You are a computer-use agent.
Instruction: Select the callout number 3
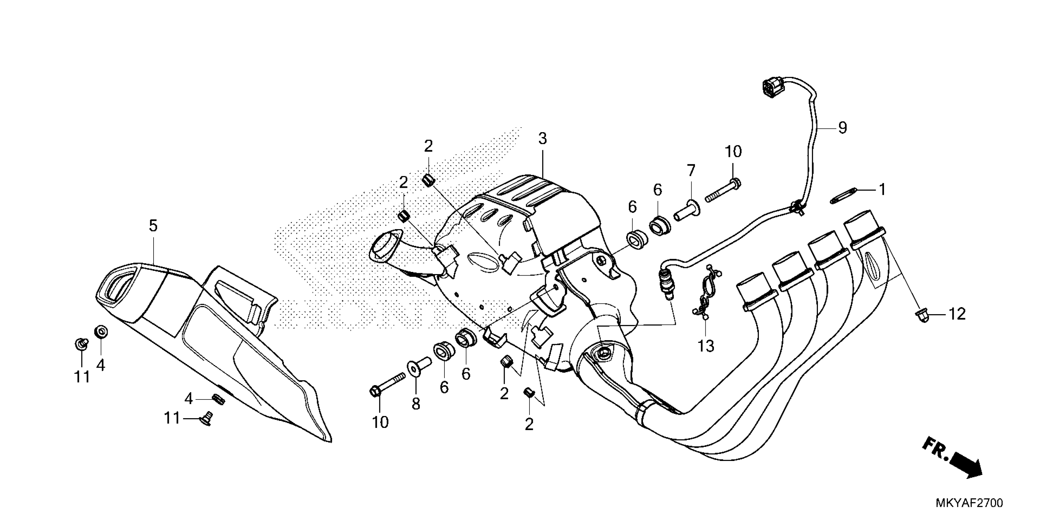pos(542,139)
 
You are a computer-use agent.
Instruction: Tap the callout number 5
pos(153,226)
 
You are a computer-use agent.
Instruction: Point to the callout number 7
pos(691,171)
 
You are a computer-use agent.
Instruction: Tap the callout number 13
pos(706,346)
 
